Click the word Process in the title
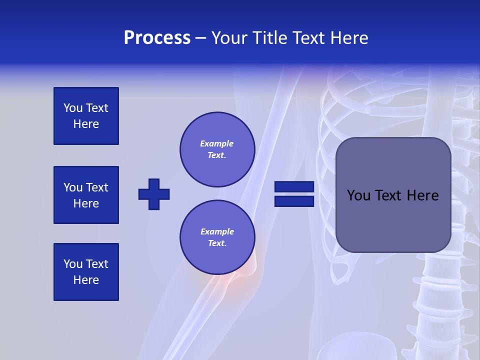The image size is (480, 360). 157,38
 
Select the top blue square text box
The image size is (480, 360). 86,116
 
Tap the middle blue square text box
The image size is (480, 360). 86,195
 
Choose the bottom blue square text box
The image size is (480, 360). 86,272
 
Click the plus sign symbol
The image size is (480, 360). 154,194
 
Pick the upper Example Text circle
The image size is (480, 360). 217,149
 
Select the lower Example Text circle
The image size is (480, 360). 217,237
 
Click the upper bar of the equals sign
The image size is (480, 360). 294,187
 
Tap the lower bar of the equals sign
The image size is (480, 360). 294,201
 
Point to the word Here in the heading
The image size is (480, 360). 348,38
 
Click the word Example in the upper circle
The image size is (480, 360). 216,143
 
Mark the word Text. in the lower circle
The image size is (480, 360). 217,243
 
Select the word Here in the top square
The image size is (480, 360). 86,124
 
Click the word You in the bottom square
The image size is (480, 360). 73,264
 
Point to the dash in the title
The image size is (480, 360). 200,38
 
